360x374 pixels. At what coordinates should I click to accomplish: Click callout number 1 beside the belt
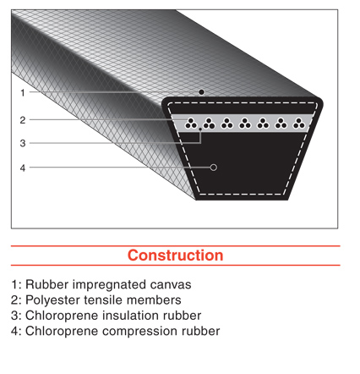[x=23, y=92]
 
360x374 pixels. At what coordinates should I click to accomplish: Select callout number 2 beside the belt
[x=23, y=120]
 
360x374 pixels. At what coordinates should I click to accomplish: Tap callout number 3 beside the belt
[x=23, y=143]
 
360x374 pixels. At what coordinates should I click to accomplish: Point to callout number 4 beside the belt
[x=23, y=168]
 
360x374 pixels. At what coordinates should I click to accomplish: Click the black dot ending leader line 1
[x=201, y=92]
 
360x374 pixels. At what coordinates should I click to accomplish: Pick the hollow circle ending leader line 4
[x=214, y=168]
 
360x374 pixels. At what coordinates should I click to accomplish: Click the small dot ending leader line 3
[x=200, y=129]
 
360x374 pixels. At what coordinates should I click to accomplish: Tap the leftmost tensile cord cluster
[x=191, y=124]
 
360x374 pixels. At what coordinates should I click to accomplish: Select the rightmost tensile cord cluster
[x=299, y=124]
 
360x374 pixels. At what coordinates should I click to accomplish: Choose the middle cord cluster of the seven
[x=245, y=124]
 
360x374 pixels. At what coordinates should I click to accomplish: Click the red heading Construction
[x=175, y=256]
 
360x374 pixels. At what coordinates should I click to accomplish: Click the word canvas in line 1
[x=171, y=284]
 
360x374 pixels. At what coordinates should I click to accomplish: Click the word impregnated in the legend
[x=110, y=285]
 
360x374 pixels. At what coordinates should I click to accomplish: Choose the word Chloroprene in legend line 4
[x=62, y=332]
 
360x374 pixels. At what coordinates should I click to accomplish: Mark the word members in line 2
[x=154, y=300]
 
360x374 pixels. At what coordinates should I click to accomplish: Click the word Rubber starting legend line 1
[x=47, y=284]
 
